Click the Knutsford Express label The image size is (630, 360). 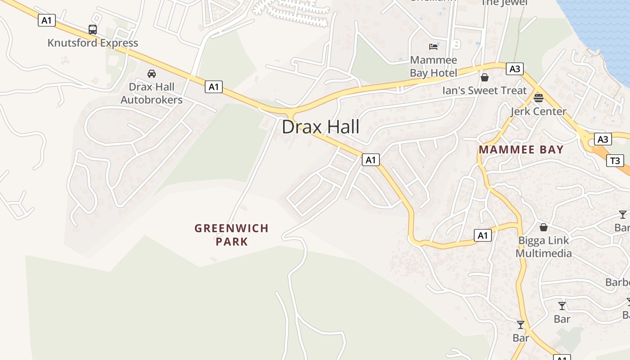click(x=93, y=43)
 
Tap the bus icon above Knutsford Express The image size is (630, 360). click(x=93, y=30)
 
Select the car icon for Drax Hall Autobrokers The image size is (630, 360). click(x=152, y=74)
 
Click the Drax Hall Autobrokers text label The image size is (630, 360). click(x=152, y=93)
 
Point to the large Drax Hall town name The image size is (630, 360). click(x=320, y=127)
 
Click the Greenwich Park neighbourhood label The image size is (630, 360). click(x=231, y=235)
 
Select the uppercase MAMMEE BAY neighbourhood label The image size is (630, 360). click(x=521, y=150)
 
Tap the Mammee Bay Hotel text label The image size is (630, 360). click(x=433, y=67)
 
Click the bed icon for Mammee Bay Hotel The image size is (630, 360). click(x=433, y=46)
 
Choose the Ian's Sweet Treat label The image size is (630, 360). click(x=484, y=90)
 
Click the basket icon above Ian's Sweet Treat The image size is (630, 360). click(x=485, y=77)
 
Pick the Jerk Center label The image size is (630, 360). click(x=538, y=111)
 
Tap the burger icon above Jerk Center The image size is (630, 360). click(x=539, y=98)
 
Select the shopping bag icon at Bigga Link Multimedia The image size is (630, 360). click(x=544, y=227)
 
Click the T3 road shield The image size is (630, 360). click(x=615, y=160)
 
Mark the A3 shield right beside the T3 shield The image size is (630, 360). click(x=603, y=139)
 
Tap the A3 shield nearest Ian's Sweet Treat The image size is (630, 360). click(x=515, y=69)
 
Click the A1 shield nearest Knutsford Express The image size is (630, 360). click(x=47, y=20)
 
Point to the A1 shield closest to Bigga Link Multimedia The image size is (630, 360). click(x=482, y=235)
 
